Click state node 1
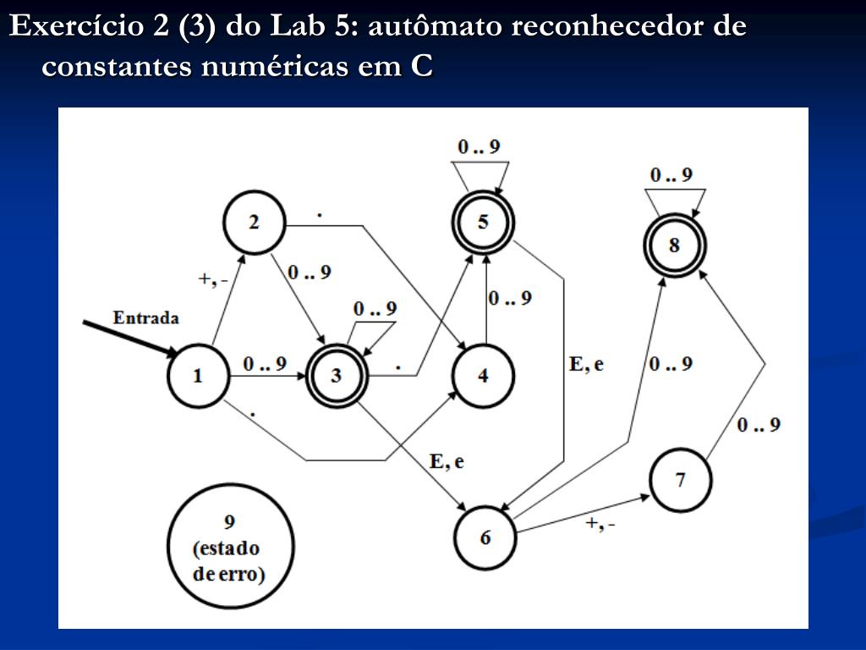coord(198,375)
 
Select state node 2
coord(254,223)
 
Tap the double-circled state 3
coord(336,375)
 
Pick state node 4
coord(483,375)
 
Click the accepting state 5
coord(483,222)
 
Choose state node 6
coord(485,537)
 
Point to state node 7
coord(681,481)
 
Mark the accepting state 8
coord(674,245)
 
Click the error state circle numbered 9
coord(230,548)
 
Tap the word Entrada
coord(146,318)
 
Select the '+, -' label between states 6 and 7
coord(600,524)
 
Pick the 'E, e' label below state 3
coord(447,461)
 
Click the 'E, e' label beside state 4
coord(587,364)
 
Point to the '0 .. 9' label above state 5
coord(479,146)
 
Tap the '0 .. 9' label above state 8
coord(671,175)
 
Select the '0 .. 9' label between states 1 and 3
coord(265,363)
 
